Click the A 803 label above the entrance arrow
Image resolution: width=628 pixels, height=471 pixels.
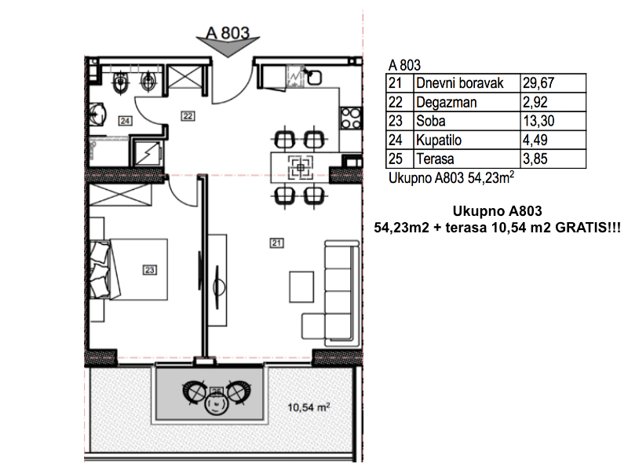pos(228,33)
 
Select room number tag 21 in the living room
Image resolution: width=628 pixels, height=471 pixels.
pos(276,243)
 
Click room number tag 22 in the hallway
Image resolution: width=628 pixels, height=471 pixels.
pos(188,116)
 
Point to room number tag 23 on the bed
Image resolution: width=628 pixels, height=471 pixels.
pos(150,270)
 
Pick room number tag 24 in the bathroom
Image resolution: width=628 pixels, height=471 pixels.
pos(125,121)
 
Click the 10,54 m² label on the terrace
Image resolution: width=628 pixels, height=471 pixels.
pos(309,407)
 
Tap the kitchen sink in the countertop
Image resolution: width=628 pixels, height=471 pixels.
pos(313,77)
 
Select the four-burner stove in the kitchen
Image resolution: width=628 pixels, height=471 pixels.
pos(351,119)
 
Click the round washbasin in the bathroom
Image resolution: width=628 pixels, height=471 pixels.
pos(97,115)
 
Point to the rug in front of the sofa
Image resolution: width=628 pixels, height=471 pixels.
pos(301,287)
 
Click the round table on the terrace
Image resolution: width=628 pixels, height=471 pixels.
pos(217,403)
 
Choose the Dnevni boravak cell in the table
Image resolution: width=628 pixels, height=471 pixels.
pos(460,83)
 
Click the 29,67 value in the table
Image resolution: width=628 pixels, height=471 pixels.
pos(539,83)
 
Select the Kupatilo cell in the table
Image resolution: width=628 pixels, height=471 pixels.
pos(439,141)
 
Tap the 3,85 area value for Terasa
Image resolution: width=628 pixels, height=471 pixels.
pos(535,159)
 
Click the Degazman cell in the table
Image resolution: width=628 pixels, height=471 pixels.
pos(446,103)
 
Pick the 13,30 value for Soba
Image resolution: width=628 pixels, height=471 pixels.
pos(539,121)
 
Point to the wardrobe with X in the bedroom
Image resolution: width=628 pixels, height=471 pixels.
pos(120,195)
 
